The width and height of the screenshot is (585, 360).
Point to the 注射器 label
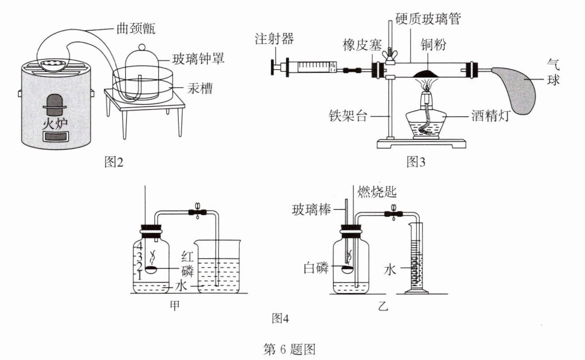click(274, 39)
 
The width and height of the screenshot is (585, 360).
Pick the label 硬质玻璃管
click(428, 18)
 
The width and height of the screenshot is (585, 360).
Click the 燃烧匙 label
click(377, 193)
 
